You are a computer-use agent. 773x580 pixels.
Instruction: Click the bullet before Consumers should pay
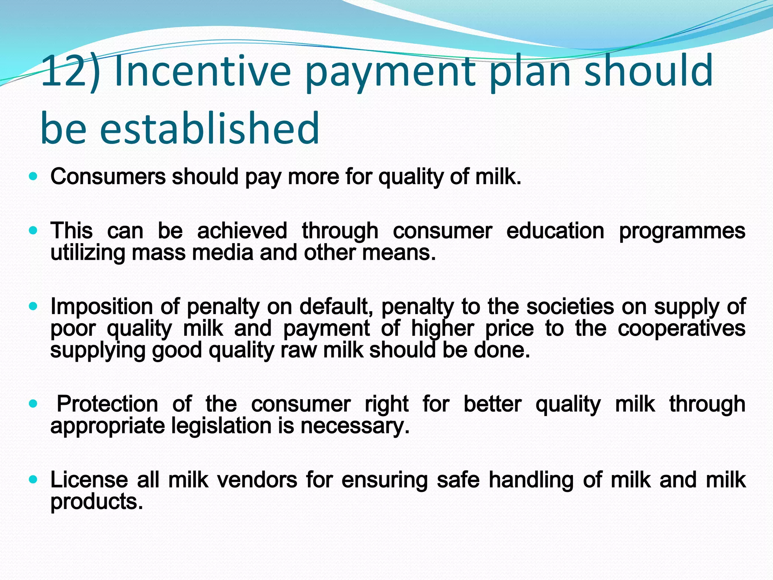point(34,176)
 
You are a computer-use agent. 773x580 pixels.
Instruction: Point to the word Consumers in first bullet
point(108,176)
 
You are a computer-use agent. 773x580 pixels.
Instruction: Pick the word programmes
point(682,231)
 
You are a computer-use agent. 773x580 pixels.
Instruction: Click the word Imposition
point(102,307)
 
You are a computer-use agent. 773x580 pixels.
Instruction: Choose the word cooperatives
point(681,329)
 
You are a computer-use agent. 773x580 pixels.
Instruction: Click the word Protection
point(107,404)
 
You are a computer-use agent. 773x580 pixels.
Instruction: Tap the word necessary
point(355,426)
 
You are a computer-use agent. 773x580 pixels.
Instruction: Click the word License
point(89,480)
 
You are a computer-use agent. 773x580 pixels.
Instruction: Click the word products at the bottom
point(97,502)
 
